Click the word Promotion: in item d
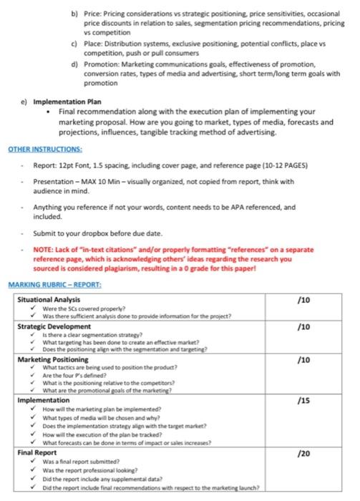[x=102, y=64]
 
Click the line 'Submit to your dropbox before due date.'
[x=99, y=234]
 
